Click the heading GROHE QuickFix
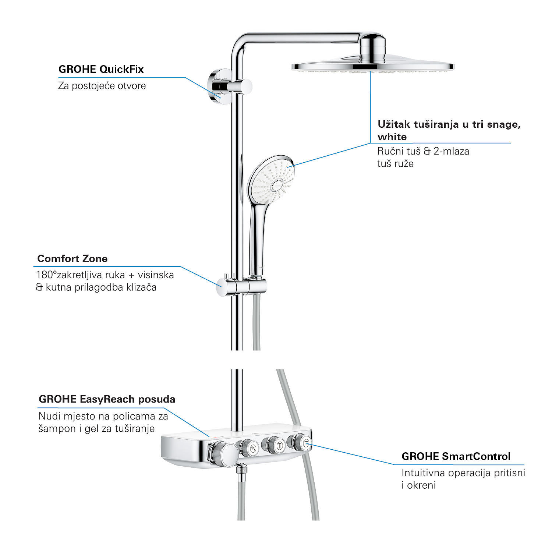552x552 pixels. (101, 69)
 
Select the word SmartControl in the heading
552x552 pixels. (476, 457)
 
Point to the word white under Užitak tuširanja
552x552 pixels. (392, 137)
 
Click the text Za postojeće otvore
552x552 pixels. (102, 86)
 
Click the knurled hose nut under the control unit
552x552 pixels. (241, 472)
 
